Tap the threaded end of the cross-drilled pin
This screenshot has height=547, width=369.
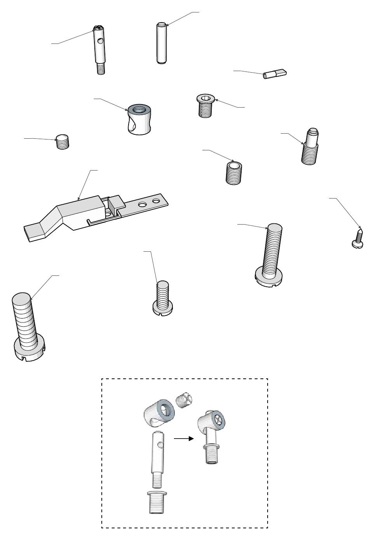tap(101, 69)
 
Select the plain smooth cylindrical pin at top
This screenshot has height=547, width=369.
tap(161, 43)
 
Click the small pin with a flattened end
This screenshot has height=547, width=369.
tap(275, 73)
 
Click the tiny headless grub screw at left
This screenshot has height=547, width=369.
tap(63, 142)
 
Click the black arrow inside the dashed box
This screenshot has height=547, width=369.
tap(183, 439)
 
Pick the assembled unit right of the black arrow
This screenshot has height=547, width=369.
tap(212, 435)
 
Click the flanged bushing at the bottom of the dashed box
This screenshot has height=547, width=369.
tap(158, 502)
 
